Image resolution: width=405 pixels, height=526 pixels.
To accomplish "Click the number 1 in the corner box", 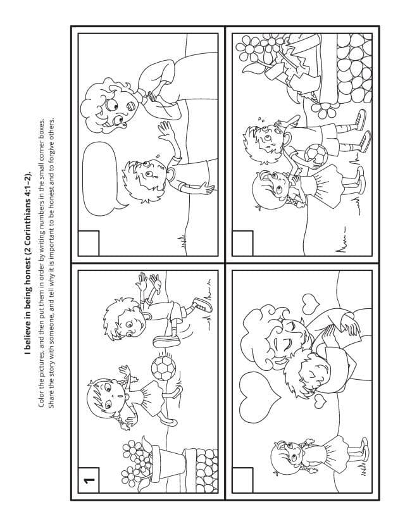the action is (89, 480).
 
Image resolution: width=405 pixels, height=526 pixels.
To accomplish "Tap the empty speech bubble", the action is (99, 178).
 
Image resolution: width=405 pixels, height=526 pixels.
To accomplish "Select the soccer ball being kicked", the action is (163, 368).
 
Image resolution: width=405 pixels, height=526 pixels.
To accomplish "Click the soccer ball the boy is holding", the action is (316, 155).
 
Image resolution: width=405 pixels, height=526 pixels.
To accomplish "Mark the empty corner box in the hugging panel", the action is (242, 480).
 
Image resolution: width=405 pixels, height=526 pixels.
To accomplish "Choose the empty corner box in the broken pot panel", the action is (242, 243).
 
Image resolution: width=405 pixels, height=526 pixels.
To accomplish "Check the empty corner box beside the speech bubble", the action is (89, 243).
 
